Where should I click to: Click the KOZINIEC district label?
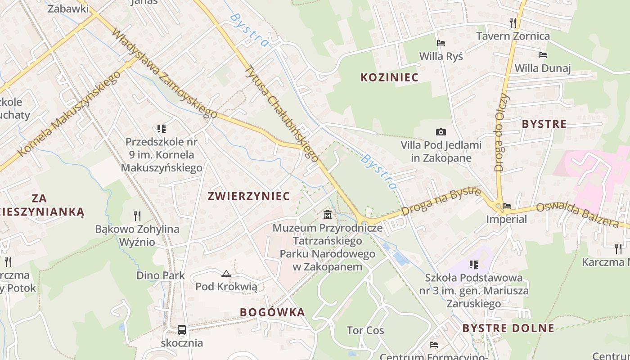pos(389,77)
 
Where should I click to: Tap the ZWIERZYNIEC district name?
pos(248,196)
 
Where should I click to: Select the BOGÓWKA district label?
pos(272,312)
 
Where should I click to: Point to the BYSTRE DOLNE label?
pos(508,328)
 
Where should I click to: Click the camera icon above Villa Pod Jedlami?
pos(441,132)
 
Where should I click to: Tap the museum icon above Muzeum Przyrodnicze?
pos(328,214)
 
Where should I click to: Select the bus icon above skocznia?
pos(182,330)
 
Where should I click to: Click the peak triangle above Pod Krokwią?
pos(226,274)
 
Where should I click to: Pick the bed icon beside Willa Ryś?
pos(441,43)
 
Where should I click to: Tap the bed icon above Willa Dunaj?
pos(543,55)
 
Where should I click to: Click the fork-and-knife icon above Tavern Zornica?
pos(513,22)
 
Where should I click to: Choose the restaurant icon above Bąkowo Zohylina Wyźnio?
pos(137,216)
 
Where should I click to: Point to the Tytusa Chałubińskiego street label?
pos(281,114)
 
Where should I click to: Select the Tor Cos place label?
pos(365,331)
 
